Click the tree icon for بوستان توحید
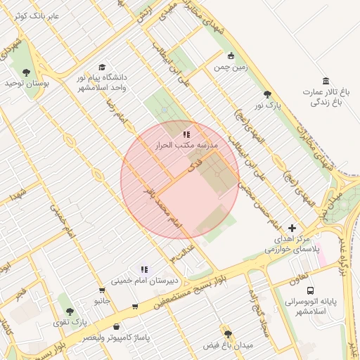(x=26, y=72)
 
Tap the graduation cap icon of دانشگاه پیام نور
(x=103, y=67)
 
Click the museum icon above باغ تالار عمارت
(x=326, y=81)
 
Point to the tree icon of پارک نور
(x=266, y=94)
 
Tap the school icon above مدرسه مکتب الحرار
(x=186, y=133)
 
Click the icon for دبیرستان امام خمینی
(x=144, y=269)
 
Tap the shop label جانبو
(x=103, y=301)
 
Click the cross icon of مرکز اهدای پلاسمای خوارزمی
(x=292, y=228)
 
